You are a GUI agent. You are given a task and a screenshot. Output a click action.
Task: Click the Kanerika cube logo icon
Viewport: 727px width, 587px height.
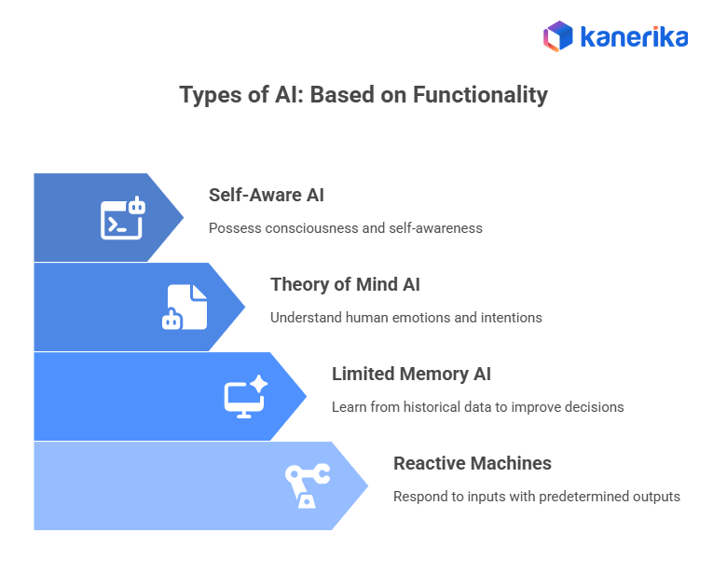[x=558, y=36]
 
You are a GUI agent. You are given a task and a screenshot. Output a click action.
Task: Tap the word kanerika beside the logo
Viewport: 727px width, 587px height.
[x=634, y=37]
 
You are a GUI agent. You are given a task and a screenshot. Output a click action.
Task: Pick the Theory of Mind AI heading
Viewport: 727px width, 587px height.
[x=346, y=284]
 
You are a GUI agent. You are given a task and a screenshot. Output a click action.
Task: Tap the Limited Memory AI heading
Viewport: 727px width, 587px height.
[x=411, y=374]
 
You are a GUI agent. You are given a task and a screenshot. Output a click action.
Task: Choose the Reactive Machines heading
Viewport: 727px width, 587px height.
[x=473, y=463]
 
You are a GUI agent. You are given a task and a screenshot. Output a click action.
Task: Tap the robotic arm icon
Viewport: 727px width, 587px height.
[x=307, y=485]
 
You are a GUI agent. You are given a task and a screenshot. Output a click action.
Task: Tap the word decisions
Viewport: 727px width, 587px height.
[x=591, y=406]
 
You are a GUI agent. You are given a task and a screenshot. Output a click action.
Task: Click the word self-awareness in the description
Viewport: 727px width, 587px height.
[x=436, y=227]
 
